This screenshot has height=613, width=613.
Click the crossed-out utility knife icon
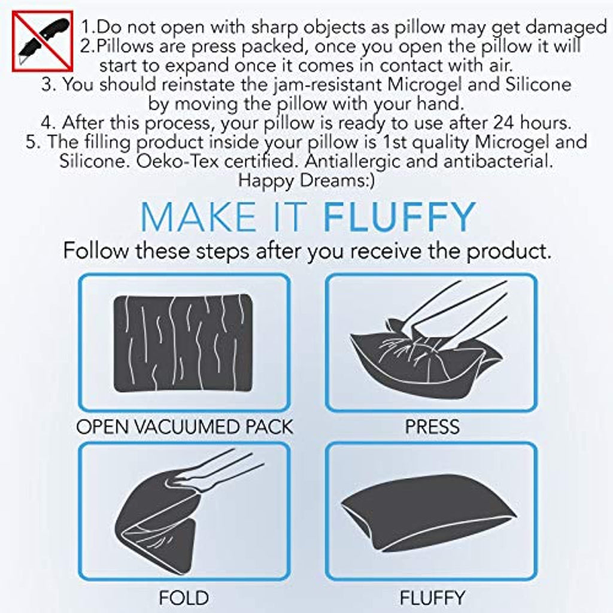click(43, 41)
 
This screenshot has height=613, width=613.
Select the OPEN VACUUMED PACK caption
click(184, 427)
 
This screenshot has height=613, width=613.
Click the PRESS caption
click(432, 427)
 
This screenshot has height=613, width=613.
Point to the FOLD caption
click(184, 598)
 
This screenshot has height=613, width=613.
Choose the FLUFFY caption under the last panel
click(432, 598)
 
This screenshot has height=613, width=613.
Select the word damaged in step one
click(566, 28)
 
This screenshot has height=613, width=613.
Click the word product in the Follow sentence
click(509, 251)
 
